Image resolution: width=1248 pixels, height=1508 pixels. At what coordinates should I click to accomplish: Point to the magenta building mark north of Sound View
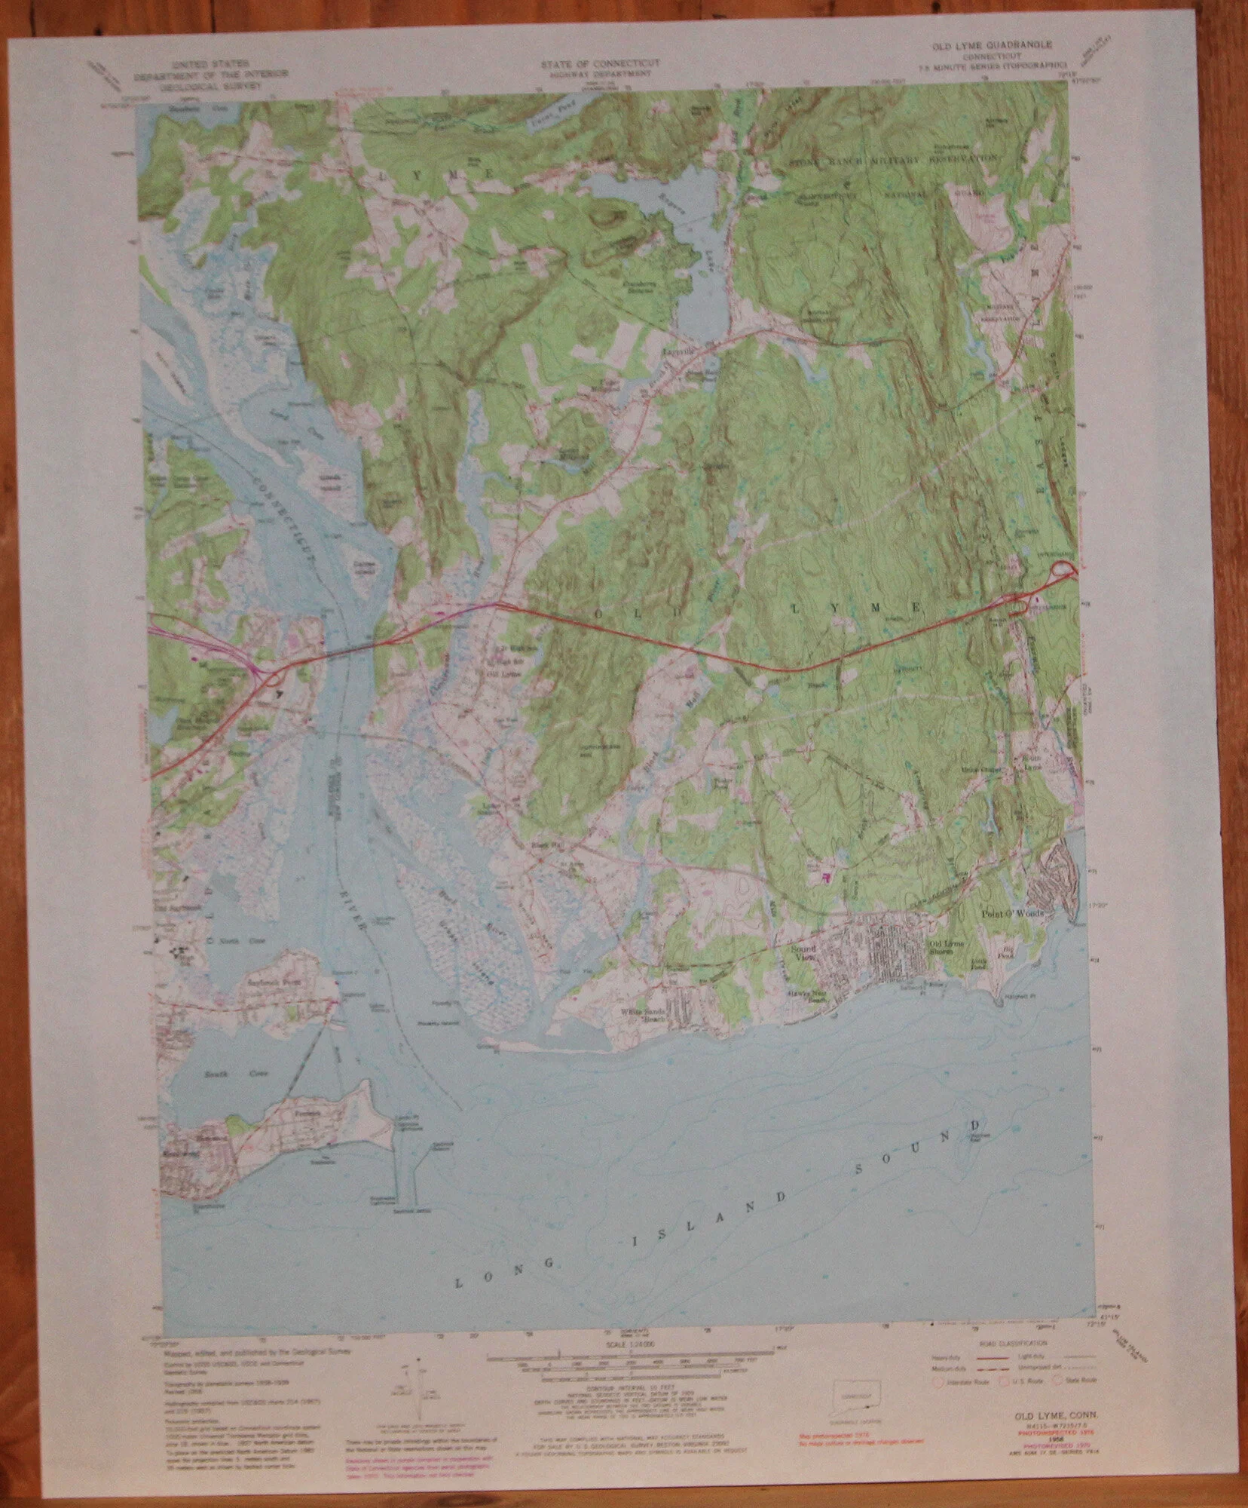[x=825, y=878]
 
